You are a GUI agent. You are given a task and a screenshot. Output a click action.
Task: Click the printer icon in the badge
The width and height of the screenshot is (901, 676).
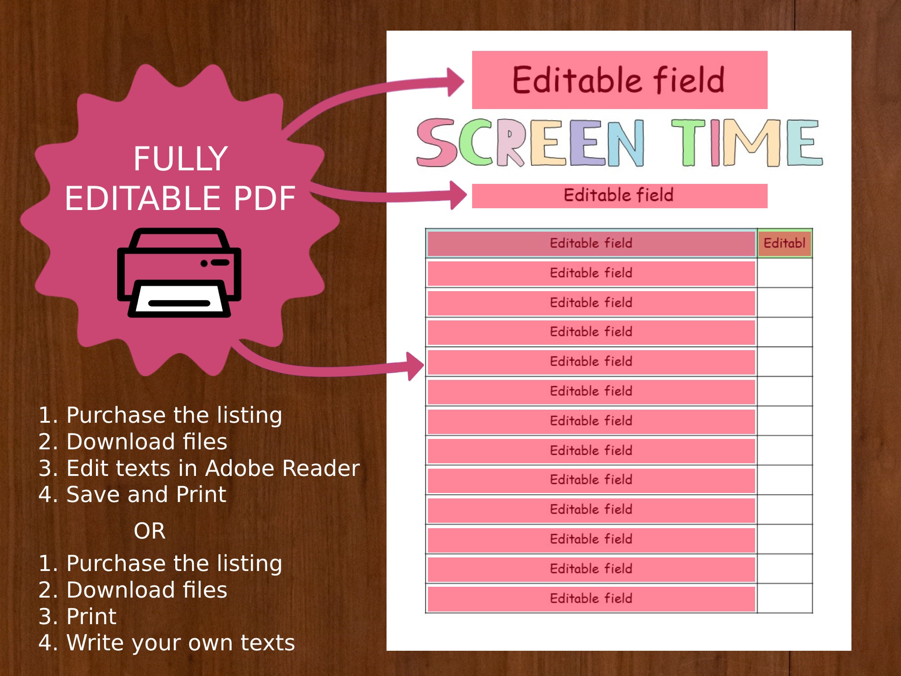pyautogui.click(x=179, y=273)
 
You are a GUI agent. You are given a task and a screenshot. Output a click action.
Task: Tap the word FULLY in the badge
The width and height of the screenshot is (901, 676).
pyautogui.click(x=180, y=159)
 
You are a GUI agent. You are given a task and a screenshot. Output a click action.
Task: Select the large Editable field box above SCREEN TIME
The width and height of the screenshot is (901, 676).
pyautogui.click(x=619, y=80)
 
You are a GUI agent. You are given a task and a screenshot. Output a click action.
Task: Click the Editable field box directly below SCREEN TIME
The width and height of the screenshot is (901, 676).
pyautogui.click(x=619, y=196)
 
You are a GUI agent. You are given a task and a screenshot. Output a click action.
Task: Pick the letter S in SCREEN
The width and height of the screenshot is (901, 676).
pyautogui.click(x=436, y=142)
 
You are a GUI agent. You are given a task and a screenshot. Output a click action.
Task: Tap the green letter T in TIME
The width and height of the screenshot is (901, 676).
pyautogui.click(x=688, y=142)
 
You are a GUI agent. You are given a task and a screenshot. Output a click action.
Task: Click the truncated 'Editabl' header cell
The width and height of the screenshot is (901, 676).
pyautogui.click(x=784, y=243)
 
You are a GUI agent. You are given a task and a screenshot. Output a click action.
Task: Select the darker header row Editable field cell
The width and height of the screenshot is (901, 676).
pyautogui.click(x=591, y=243)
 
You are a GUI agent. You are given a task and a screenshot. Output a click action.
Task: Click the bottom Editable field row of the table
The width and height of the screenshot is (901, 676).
pyautogui.click(x=591, y=598)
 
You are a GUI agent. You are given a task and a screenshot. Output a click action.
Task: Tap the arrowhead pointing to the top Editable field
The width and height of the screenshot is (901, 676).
pyautogui.click(x=455, y=82)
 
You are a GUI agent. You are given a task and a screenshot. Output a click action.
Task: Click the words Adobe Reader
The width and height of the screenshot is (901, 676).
pyautogui.click(x=282, y=468)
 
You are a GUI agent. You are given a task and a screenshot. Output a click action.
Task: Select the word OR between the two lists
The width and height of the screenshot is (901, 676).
pyautogui.click(x=150, y=531)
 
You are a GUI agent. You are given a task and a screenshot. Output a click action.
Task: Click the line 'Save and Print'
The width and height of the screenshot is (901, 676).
pyautogui.click(x=146, y=494)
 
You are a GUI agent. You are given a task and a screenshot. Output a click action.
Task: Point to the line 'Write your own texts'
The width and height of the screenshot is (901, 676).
pyautogui.click(x=180, y=643)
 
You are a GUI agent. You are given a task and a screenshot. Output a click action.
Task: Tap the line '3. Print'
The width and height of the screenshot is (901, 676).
pyautogui.click(x=77, y=616)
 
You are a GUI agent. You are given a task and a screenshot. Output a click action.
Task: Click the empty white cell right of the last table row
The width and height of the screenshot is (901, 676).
pyautogui.click(x=784, y=598)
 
